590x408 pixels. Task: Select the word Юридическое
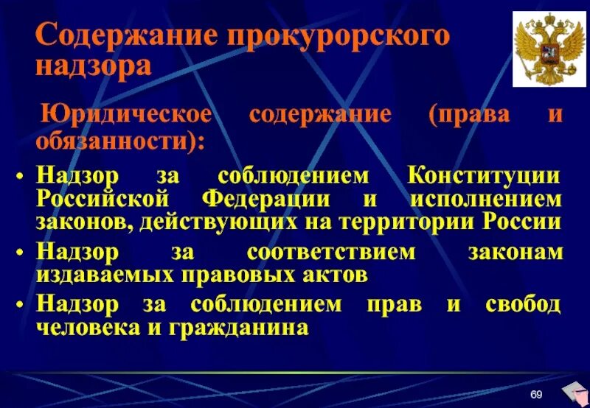tap(126, 115)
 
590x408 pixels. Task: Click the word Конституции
tap(483, 177)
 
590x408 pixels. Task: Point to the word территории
tap(412, 222)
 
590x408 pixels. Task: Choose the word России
tap(523, 222)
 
